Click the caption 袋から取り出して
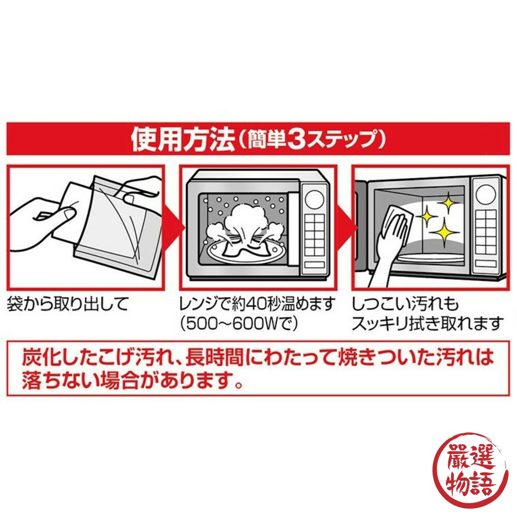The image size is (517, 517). click(x=67, y=304)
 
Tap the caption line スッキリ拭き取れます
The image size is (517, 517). click(x=427, y=324)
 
